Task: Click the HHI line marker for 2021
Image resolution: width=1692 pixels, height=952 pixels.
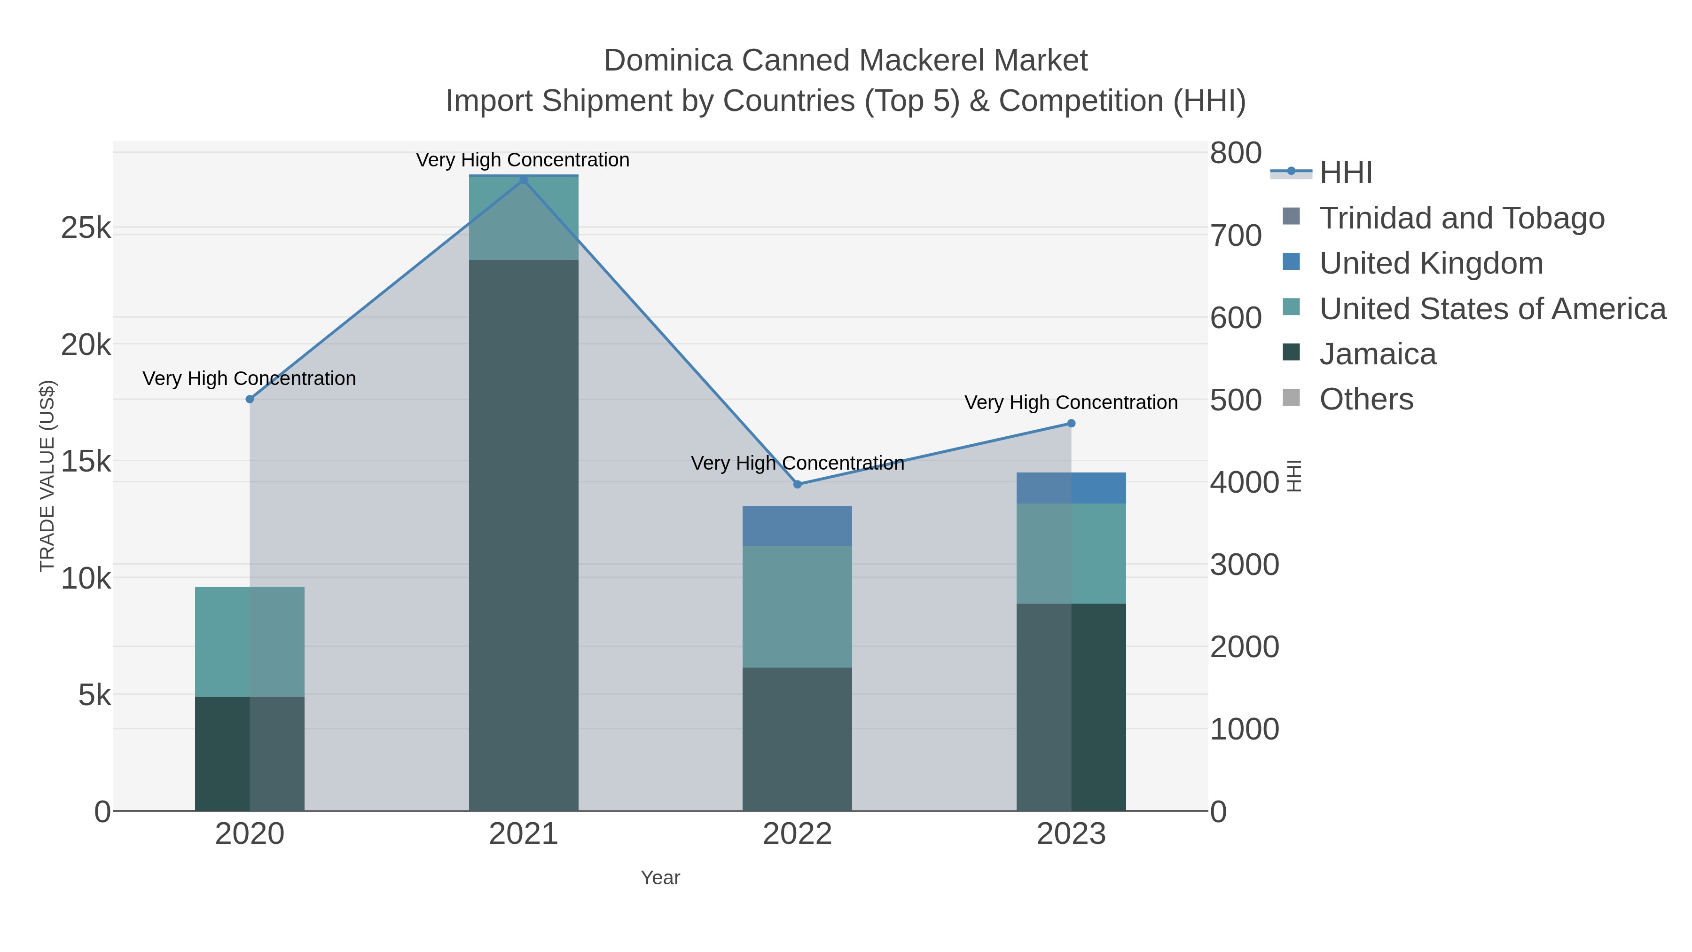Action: (x=524, y=180)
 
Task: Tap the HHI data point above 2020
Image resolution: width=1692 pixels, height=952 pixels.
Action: (x=250, y=399)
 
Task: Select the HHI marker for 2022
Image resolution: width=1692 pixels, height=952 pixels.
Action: (x=798, y=484)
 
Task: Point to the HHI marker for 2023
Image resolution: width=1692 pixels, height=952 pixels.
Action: (x=1071, y=424)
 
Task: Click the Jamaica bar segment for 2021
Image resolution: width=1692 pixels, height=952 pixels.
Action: (x=524, y=535)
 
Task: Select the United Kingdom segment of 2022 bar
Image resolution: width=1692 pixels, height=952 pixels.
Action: (x=798, y=526)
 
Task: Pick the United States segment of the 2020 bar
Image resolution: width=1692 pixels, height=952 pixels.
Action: (x=250, y=641)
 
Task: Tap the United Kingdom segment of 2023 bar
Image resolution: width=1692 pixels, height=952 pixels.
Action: (x=1071, y=488)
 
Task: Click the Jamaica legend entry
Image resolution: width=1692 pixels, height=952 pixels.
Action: (x=1378, y=354)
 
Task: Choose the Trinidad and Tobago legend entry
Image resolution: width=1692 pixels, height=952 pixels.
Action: (x=1461, y=218)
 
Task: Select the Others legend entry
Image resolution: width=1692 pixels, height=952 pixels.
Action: (x=1366, y=400)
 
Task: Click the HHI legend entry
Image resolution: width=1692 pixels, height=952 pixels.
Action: (x=1345, y=173)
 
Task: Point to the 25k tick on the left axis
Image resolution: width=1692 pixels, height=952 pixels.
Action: (x=86, y=228)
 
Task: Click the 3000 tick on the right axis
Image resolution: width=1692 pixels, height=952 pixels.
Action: (x=1244, y=564)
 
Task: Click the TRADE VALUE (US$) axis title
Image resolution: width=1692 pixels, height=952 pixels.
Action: (x=47, y=476)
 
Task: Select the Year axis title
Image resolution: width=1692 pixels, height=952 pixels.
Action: (x=660, y=878)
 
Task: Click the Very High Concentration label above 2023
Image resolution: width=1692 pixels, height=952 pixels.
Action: (x=1071, y=402)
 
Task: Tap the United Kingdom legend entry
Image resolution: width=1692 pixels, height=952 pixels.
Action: (x=1431, y=263)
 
